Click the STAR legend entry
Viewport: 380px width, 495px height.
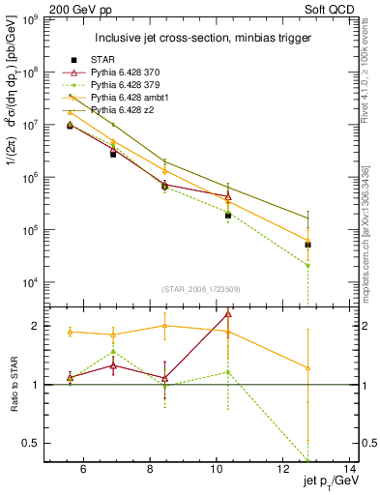tap(104, 59)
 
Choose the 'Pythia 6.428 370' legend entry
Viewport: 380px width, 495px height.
tap(131, 73)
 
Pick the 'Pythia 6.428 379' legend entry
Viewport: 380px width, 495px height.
tap(131, 85)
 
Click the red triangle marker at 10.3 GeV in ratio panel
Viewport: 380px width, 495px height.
tap(228, 313)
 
